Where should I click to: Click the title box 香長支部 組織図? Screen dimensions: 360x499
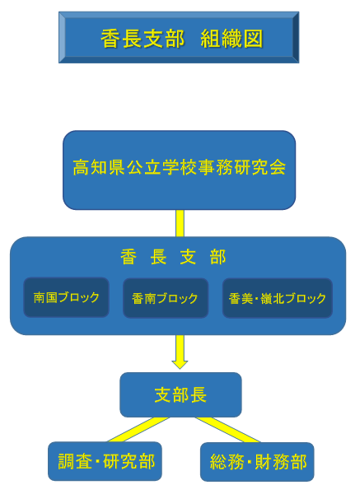[179, 38]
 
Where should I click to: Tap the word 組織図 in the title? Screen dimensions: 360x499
[231, 39]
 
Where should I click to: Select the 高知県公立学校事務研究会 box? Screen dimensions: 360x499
[180, 170]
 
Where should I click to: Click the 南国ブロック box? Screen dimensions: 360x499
[66, 297]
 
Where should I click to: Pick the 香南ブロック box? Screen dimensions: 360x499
[166, 298]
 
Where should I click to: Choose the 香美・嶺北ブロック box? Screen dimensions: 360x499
[278, 298]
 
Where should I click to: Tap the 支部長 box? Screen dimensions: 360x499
[180, 394]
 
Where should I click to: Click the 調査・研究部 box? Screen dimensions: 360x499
[105, 461]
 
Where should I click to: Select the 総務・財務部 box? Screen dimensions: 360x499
[257, 462]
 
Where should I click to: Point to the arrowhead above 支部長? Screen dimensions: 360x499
[180, 365]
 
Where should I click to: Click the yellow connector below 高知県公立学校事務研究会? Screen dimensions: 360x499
[180, 223]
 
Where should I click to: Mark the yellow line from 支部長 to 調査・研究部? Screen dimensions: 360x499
[138, 430]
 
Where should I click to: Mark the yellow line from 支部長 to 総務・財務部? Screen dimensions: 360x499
[228, 430]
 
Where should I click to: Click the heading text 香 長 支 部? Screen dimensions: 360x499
[173, 257]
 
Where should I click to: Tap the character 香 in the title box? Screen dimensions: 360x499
[110, 39]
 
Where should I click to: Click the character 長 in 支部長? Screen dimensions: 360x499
[198, 395]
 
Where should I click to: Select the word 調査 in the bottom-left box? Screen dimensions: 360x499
[75, 461]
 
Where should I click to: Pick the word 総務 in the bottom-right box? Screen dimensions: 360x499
[227, 462]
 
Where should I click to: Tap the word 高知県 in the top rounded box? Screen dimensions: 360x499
[99, 167]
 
